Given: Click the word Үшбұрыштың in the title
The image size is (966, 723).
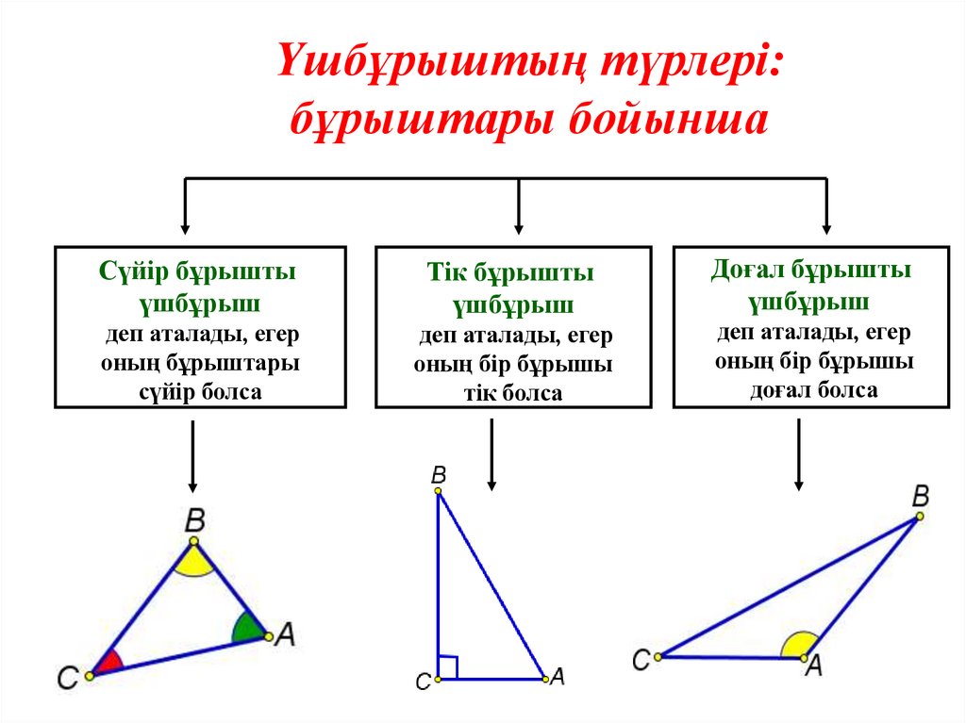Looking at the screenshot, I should click(x=426, y=67).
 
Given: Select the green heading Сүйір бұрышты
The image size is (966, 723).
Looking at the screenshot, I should click(x=197, y=272).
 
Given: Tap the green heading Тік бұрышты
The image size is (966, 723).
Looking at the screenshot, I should click(x=510, y=274).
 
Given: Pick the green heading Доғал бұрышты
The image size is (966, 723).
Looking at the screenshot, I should click(x=811, y=271).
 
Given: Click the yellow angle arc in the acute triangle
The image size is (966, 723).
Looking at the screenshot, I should click(x=194, y=563).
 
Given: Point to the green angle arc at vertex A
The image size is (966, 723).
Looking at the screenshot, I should click(x=249, y=628).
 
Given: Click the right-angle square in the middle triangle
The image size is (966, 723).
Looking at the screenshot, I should click(x=448, y=667).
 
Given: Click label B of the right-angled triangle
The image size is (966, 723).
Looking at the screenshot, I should click(x=438, y=475).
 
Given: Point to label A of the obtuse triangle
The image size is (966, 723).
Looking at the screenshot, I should click(x=813, y=665).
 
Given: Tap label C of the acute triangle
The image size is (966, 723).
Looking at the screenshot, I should click(x=67, y=677).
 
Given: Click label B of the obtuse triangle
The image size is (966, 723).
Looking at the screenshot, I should click(x=921, y=495).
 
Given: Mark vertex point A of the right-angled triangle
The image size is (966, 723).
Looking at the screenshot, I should click(x=544, y=677).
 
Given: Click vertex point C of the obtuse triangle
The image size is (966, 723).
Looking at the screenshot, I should click(x=658, y=655).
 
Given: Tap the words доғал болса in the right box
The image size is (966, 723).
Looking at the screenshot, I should click(x=813, y=390).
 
